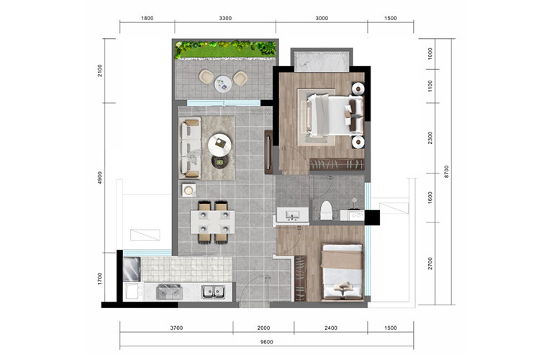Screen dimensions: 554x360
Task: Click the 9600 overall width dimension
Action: click(x=267, y=342)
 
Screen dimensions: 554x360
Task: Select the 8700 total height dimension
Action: click(x=446, y=171)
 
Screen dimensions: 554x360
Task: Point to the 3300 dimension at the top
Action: click(x=225, y=18)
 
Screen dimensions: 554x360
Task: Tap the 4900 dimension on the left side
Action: click(x=100, y=178)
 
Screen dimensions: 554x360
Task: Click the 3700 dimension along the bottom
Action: click(x=176, y=328)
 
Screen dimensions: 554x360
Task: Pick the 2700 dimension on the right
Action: click(x=430, y=264)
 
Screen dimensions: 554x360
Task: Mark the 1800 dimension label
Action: click(x=147, y=18)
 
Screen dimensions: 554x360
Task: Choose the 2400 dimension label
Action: click(x=331, y=328)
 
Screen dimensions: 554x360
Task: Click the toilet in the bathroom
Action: click(x=326, y=210)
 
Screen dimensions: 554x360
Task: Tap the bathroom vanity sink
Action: click(x=293, y=215)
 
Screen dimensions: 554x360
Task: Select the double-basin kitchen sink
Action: click(x=214, y=292)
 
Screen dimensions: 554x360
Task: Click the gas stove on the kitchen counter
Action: click(x=170, y=292)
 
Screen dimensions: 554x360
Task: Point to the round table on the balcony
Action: click(x=223, y=84)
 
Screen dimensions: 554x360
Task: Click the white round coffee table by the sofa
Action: click(x=219, y=145)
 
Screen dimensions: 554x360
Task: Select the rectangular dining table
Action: click(x=213, y=222)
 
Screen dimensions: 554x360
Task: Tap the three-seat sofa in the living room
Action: click(x=190, y=148)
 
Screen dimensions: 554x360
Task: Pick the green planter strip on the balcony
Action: click(x=225, y=50)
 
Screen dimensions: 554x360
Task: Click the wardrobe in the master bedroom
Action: click(x=337, y=164)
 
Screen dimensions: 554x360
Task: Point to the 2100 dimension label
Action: click(x=100, y=71)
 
